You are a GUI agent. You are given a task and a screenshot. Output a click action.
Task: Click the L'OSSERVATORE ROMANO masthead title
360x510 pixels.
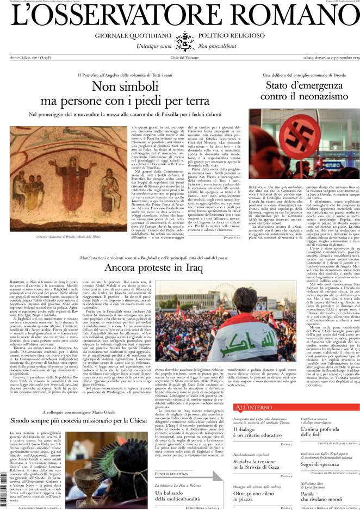[180, 18]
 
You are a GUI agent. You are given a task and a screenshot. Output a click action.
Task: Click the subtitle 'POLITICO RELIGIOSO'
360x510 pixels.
[228, 36]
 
